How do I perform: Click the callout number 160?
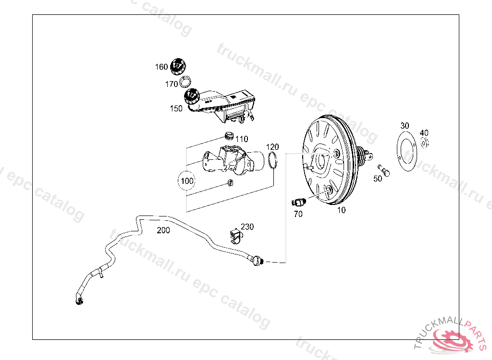pyautogui.click(x=161, y=67)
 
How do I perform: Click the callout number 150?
pyautogui.click(x=176, y=108)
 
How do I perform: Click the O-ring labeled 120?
pyautogui.click(x=273, y=161)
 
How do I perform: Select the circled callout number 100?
pyautogui.click(x=187, y=181)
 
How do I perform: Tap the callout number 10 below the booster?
pyautogui.click(x=341, y=210)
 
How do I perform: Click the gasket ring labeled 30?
pyautogui.click(x=406, y=151)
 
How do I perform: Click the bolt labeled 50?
pyautogui.click(x=384, y=169)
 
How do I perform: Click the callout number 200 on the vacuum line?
pyautogui.click(x=163, y=230)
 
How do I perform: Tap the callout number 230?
pyautogui.click(x=247, y=227)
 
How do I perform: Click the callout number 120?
pyautogui.click(x=272, y=146)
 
